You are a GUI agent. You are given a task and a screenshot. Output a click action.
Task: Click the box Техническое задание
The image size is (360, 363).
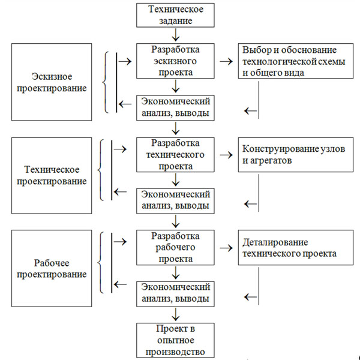175,15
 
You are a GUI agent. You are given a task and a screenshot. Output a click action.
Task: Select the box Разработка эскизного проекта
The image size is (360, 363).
175,61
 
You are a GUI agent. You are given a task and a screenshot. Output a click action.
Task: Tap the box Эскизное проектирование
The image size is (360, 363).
52,82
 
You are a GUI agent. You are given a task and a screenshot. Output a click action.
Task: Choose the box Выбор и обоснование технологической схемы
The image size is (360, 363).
296,61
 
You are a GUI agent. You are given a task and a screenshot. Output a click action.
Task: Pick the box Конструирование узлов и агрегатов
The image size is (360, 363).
296,155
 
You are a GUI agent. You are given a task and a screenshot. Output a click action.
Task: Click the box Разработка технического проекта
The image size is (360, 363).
175,155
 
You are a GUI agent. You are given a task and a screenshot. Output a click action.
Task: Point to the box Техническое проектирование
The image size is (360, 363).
52,175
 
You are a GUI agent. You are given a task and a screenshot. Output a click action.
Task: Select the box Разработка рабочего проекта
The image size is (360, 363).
175,247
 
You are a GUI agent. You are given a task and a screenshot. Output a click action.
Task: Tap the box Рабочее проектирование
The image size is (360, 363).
52,268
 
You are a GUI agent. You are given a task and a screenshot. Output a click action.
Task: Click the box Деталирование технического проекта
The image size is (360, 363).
296,247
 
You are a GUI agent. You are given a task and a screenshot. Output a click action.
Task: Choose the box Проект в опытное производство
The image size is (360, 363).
175,340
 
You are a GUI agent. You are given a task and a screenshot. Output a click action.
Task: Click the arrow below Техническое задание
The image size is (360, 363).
176,35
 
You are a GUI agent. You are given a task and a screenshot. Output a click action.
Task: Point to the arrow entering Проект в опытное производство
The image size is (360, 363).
176,314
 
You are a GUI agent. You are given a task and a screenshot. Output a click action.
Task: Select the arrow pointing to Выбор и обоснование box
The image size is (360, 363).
226,61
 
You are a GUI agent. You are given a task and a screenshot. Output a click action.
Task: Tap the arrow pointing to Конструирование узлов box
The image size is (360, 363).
226,155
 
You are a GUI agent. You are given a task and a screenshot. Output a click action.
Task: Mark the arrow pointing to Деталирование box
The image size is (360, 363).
226,248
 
